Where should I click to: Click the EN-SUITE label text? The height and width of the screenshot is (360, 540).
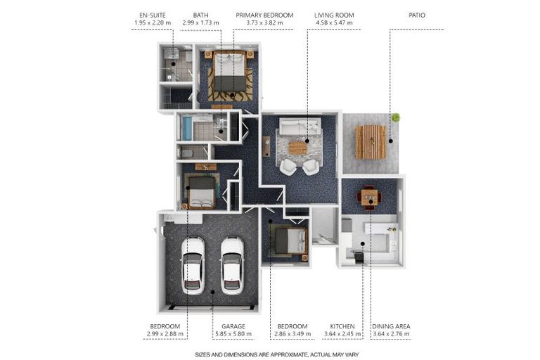pos(153,15)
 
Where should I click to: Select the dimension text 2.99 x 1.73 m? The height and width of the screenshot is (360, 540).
pos(200,23)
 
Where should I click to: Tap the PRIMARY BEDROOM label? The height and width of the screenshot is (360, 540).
pos(264,15)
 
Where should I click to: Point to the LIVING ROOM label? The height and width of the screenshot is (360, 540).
pos(335,15)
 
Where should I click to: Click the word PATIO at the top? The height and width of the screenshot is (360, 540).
pos(417,15)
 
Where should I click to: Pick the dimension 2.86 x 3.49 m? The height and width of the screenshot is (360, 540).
pos(291,335)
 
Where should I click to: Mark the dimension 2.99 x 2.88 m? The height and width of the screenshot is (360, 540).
pos(165,335)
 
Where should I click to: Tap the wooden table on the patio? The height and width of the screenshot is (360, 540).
pos(370,141)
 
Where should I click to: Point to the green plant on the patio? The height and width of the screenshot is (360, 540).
pos(396,117)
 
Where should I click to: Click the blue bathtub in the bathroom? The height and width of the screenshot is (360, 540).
pos(187,128)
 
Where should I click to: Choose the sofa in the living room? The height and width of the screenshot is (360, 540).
pos(298,127)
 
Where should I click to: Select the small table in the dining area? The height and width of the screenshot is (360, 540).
pos(369,197)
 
